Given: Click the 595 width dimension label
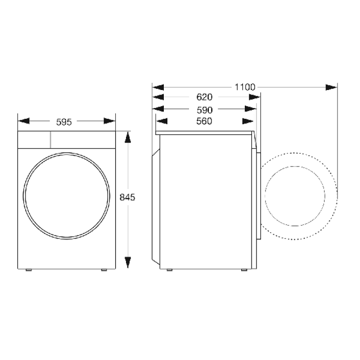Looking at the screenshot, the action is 64,122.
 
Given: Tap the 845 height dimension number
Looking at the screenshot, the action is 127,197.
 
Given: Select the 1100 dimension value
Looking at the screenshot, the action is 245,87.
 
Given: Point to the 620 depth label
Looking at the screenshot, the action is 204,97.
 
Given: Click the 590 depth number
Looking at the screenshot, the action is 205,110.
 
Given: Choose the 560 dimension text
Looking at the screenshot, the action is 204,121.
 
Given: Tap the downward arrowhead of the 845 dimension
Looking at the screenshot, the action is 128,262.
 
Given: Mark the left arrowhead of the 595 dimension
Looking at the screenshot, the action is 24,121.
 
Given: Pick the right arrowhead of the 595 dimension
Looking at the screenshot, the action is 109,121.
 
